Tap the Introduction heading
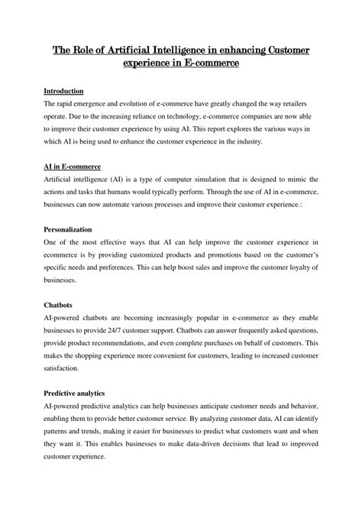pyautogui.click(x=68, y=91)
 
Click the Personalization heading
pyautogui.click(x=71, y=228)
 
